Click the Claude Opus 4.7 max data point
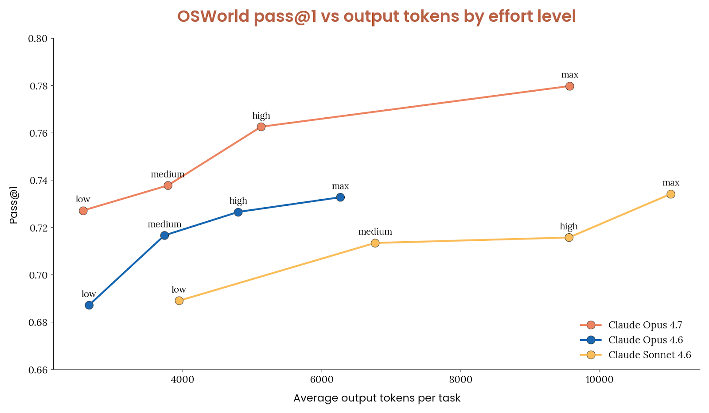569,86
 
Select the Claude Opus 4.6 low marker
89,305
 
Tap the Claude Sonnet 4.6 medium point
375,243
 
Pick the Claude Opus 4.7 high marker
261,127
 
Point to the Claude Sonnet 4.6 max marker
670,194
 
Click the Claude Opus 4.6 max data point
340,197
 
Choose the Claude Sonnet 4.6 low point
179,301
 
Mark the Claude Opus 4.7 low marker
83,211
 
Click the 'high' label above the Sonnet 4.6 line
569,227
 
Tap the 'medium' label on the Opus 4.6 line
164,224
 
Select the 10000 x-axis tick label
599,380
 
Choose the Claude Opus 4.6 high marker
238,212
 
